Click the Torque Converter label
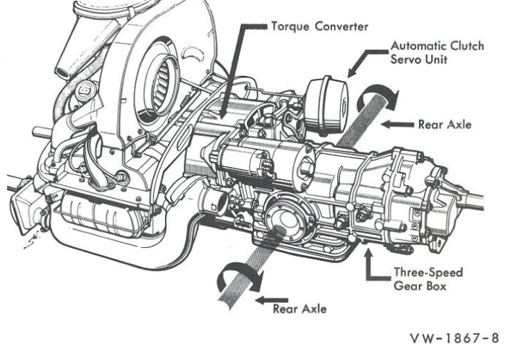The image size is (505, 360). [x=320, y=26]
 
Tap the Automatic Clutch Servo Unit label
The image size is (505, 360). [x=437, y=53]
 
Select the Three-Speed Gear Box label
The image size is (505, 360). [x=428, y=279]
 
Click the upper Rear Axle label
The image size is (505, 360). [x=444, y=124]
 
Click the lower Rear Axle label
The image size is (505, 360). [x=300, y=309]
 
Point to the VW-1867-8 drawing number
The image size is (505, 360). [x=454, y=338]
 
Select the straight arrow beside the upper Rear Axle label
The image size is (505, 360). [x=397, y=124]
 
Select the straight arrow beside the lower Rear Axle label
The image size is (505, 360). [x=271, y=300]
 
